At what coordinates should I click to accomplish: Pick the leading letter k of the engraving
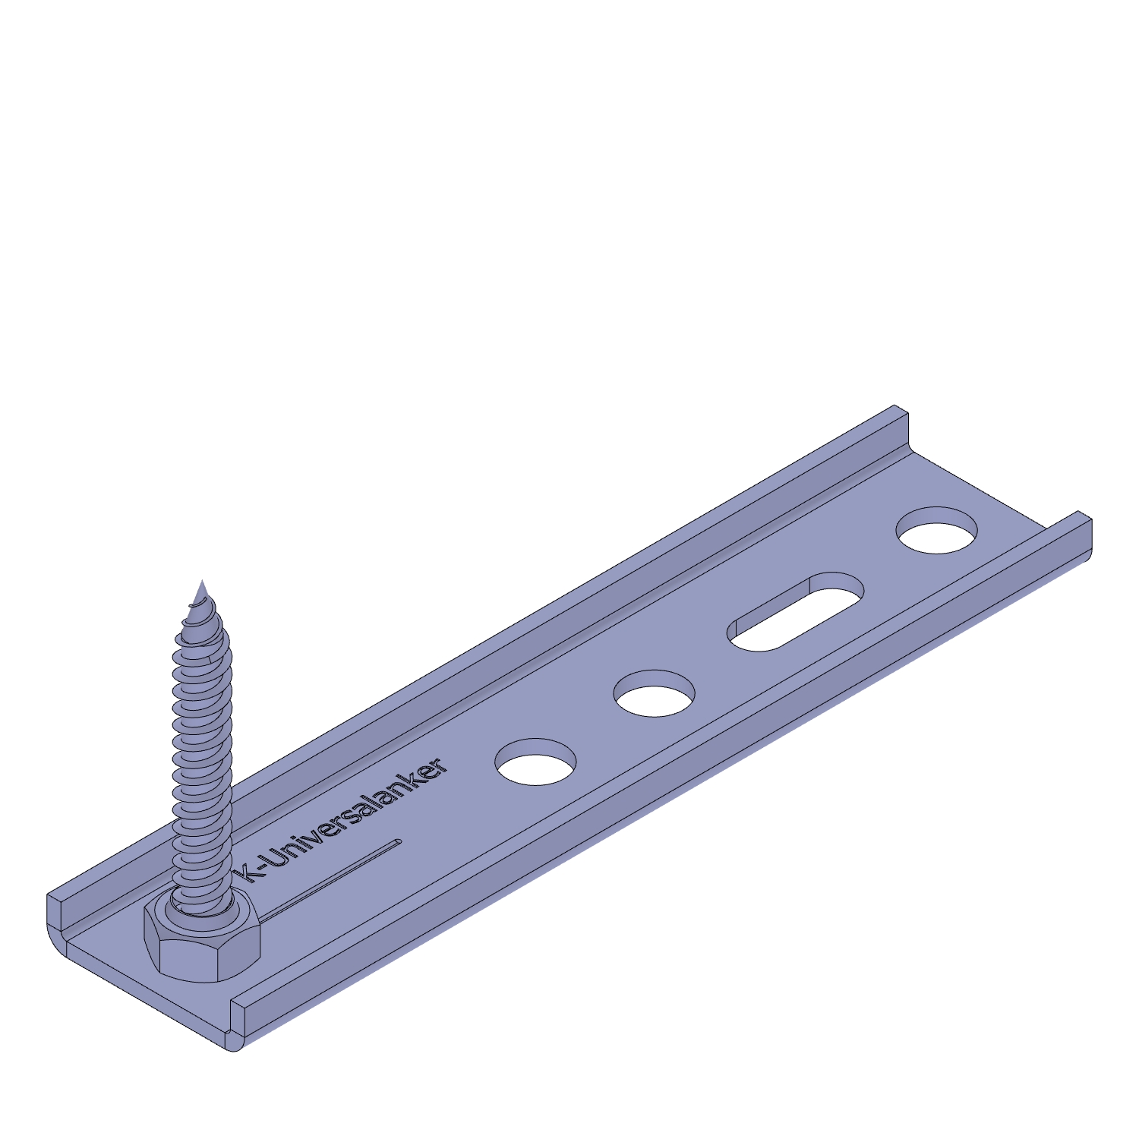point(248,874)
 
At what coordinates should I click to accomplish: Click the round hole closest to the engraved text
point(535,762)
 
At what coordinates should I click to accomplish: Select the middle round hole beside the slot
point(655,693)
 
